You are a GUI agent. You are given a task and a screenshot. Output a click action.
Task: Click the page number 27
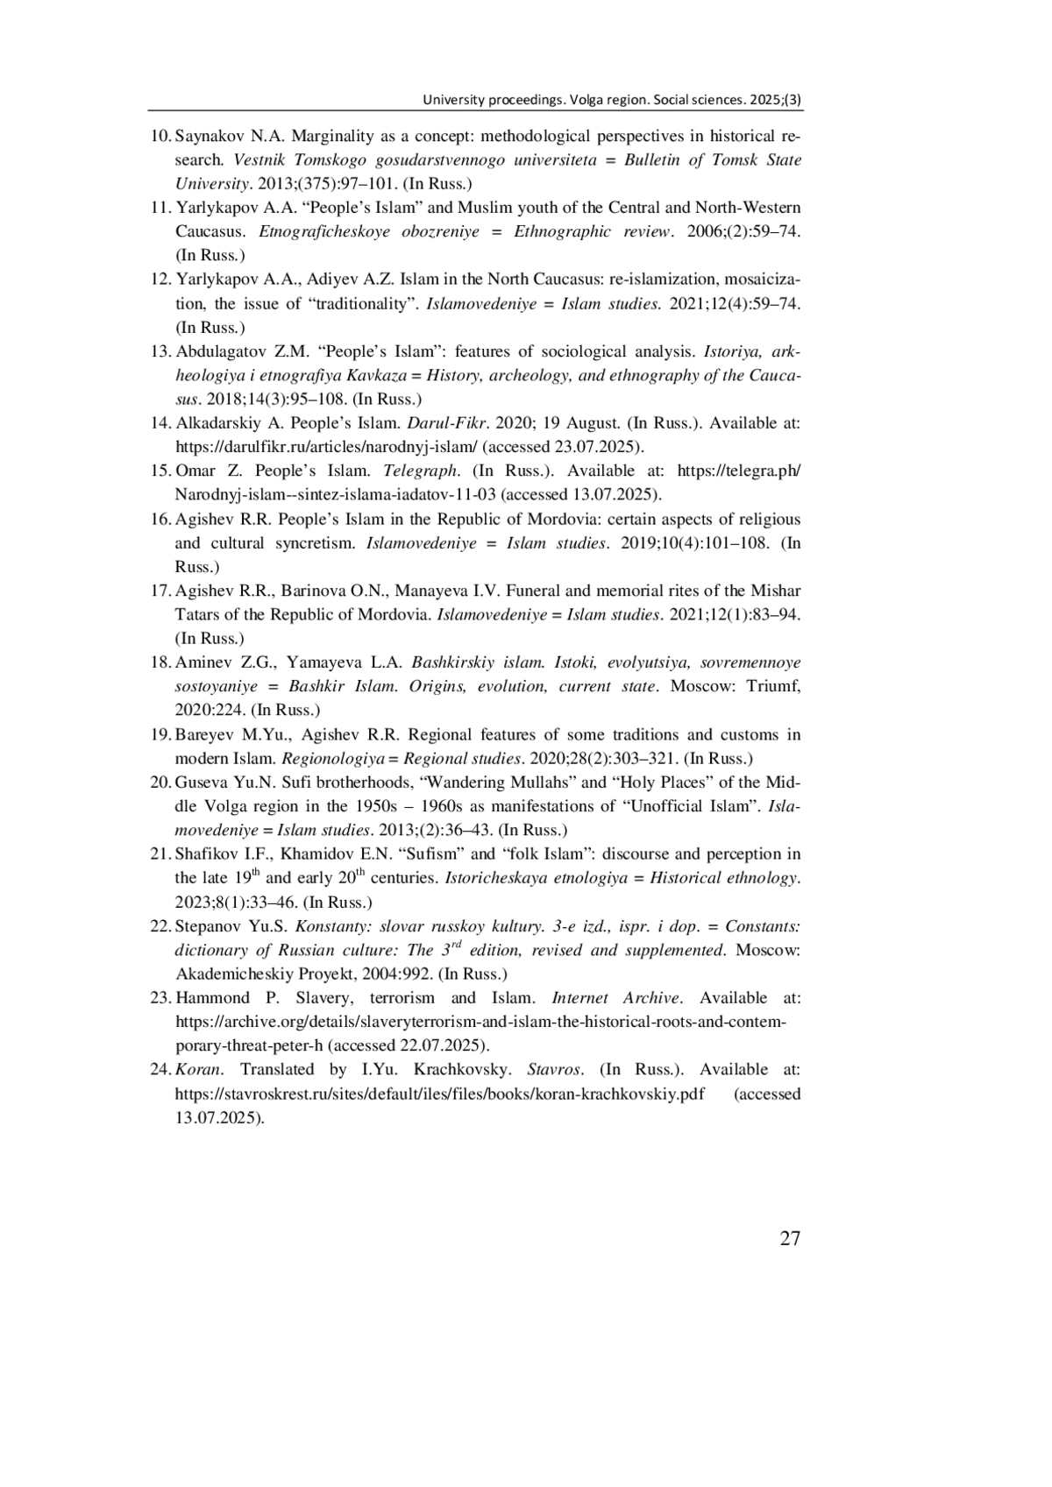[789, 1238]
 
